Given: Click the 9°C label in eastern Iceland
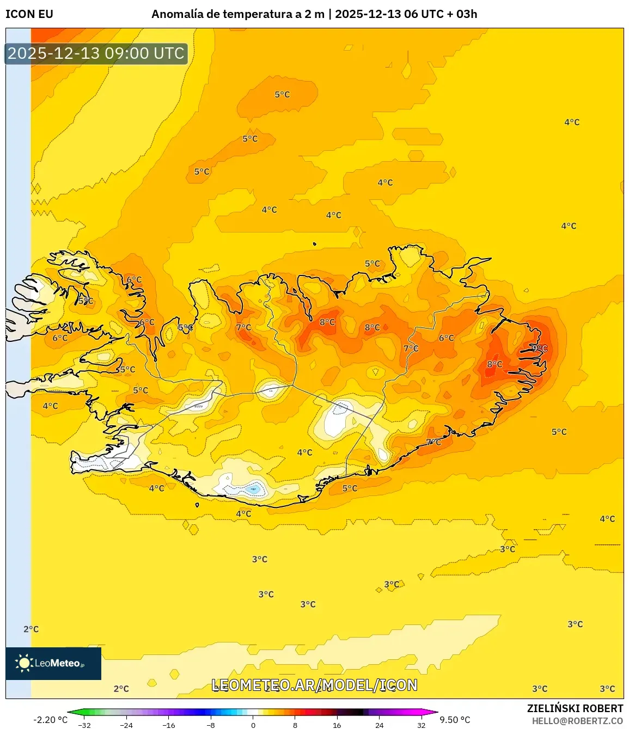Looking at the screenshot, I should tap(540, 348).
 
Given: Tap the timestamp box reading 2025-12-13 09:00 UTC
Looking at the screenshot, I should tap(96, 53).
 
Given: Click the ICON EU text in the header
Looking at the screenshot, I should tap(29, 14).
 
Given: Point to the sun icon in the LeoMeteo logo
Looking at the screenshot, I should tap(23, 663).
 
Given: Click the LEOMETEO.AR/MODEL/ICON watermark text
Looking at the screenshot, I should tap(314, 685).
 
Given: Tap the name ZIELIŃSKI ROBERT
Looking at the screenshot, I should tap(575, 708).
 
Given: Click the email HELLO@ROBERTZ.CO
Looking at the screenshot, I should tap(577, 721).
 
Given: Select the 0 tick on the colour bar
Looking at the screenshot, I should tap(253, 725).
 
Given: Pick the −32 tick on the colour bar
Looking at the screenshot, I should tap(84, 725).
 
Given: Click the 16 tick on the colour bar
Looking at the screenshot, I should tap(337, 725).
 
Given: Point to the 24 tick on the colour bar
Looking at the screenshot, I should tap(379, 725).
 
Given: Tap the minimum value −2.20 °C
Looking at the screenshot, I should tap(50, 720).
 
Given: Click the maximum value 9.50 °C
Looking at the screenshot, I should tap(455, 720).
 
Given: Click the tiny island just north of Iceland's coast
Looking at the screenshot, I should tap(315, 244).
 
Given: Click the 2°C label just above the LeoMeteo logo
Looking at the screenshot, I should tap(31, 629).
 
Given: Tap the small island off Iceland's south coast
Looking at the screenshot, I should tap(197, 505).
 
